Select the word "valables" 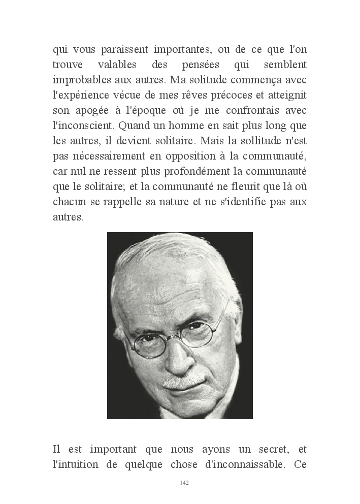click(x=122, y=66)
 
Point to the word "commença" click(x=273, y=80)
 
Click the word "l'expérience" click(x=82, y=95)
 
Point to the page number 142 click(x=184, y=482)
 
